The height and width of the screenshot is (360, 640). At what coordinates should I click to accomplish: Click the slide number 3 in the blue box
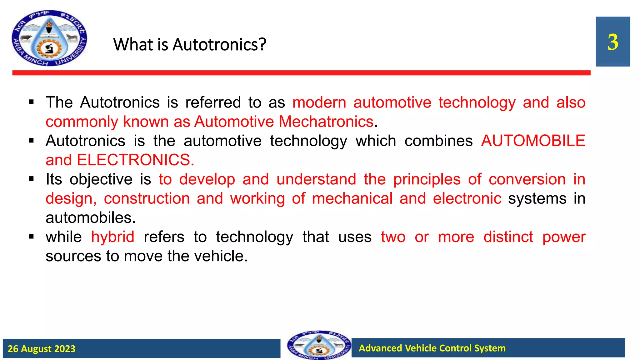pyautogui.click(x=612, y=42)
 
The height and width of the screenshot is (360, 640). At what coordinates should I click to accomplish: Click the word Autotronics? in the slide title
pyautogui.click(x=219, y=45)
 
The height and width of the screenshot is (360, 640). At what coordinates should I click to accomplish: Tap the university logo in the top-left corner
pyautogui.click(x=49, y=38)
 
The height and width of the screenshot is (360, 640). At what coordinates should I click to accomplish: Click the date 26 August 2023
pyautogui.click(x=42, y=349)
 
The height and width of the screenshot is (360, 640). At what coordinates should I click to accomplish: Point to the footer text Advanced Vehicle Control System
pyautogui.click(x=432, y=348)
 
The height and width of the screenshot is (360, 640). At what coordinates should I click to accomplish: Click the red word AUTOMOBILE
pyautogui.click(x=533, y=141)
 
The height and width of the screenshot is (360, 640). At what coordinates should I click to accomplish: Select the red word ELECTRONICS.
pyautogui.click(x=135, y=160)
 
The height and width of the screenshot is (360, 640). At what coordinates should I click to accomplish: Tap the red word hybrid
pyautogui.click(x=112, y=237)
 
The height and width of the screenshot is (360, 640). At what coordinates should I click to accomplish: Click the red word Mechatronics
pyautogui.click(x=326, y=122)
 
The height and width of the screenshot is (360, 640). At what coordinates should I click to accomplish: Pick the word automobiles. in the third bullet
pyautogui.click(x=91, y=218)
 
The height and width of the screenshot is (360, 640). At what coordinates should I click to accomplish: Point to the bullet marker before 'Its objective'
pyautogui.click(x=31, y=179)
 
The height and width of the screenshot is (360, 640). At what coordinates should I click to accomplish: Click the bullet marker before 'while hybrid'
pyautogui.click(x=31, y=237)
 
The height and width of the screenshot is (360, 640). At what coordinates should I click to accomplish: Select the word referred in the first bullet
pyautogui.click(x=213, y=102)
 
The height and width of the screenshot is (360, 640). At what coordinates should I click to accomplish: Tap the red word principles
pyautogui.click(x=427, y=180)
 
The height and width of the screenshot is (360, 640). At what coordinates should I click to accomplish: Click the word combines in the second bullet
pyautogui.click(x=438, y=141)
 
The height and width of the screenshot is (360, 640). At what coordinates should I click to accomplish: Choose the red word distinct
pyautogui.click(x=508, y=237)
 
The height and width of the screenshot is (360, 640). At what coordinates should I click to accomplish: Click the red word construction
pyautogui.click(x=147, y=199)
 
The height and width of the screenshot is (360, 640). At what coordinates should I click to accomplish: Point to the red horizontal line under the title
pyautogui.click(x=301, y=73)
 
